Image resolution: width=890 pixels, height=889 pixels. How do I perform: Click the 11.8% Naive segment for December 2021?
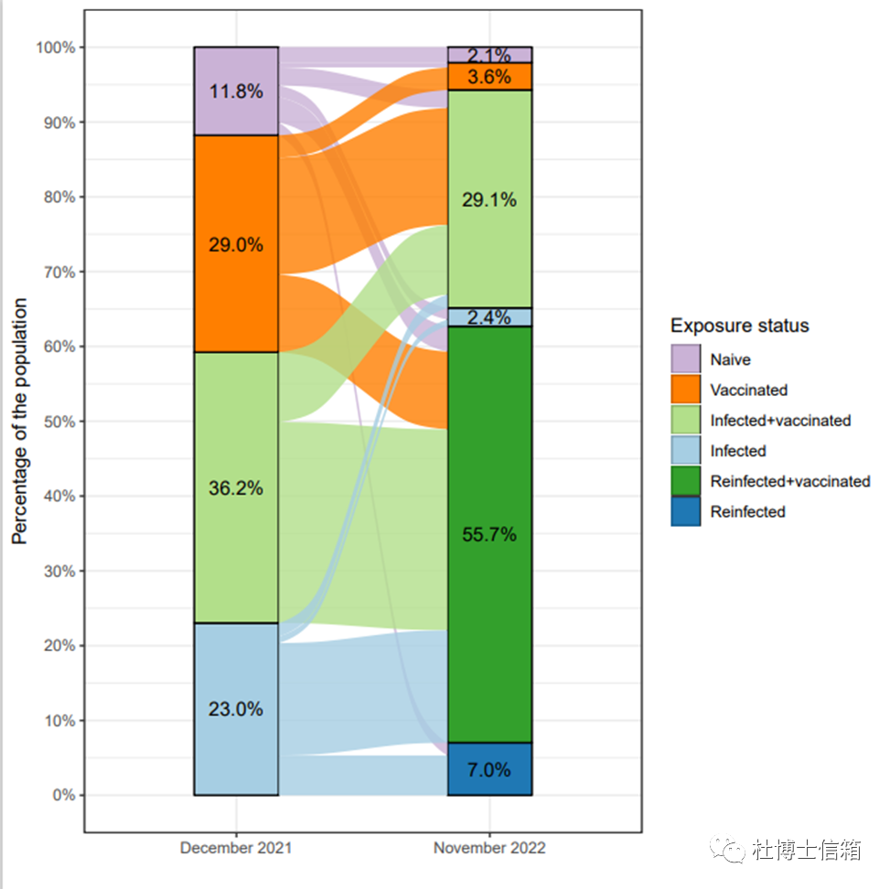pos(235,91)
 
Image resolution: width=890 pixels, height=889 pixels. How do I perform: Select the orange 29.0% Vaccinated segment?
pos(235,244)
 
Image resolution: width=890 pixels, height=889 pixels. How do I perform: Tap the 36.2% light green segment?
pos(235,487)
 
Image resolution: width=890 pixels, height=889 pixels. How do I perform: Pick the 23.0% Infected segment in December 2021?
pos(235,709)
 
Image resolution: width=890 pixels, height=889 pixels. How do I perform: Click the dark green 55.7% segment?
pos(489,534)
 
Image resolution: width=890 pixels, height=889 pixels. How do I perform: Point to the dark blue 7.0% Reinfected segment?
pos(489,769)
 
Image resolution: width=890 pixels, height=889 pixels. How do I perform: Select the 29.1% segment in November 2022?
pos(489,198)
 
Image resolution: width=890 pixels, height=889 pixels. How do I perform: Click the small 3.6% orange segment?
pos(489,77)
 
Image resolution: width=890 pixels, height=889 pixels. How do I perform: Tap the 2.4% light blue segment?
pos(489,317)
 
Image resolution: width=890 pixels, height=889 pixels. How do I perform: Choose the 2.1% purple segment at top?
pos(489,55)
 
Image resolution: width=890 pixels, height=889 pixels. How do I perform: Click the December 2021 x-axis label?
pos(236,848)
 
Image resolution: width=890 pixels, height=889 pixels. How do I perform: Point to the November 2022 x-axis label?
pos(489,848)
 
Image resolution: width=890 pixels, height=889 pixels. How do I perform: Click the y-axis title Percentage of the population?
pos(20,421)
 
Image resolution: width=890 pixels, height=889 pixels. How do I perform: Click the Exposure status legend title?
pos(739,326)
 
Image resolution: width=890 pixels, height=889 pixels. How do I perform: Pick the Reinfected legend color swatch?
pos(686,511)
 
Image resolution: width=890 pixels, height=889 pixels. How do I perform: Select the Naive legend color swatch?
pos(686,359)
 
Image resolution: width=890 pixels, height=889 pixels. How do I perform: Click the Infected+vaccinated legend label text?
pos(780,421)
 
